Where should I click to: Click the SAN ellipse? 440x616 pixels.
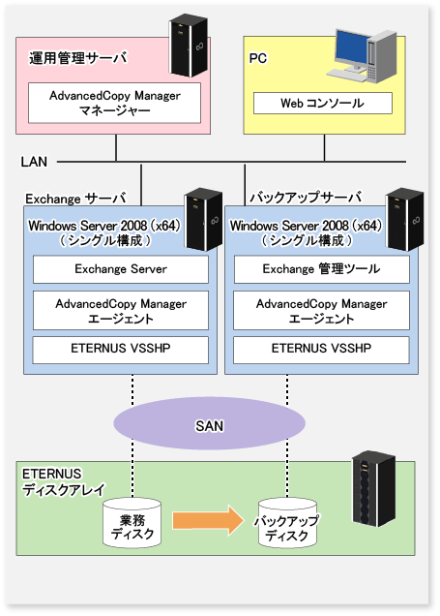209,423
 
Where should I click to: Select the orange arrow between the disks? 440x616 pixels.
208,520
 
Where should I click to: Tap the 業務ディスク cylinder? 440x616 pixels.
132,523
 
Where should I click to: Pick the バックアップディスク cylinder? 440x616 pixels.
287,523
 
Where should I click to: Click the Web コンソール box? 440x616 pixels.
323,104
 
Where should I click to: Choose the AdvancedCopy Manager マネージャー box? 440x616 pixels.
114,103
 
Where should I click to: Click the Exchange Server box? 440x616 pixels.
121,269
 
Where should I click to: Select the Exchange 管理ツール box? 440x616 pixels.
322,269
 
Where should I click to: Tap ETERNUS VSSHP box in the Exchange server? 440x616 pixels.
120,350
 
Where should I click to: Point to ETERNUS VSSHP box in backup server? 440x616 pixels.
321,350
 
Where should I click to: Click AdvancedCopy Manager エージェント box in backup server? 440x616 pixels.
321,310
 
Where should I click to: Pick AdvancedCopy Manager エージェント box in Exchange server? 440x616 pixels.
121,310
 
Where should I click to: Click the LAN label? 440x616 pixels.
34,162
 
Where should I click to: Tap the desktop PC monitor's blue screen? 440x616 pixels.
351,47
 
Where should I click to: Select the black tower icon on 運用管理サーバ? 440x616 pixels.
189,46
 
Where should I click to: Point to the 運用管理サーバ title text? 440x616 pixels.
78,58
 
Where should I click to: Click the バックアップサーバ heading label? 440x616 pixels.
306,197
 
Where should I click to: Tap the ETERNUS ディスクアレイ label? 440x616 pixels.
64,482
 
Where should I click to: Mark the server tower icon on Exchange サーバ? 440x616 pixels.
203,219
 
